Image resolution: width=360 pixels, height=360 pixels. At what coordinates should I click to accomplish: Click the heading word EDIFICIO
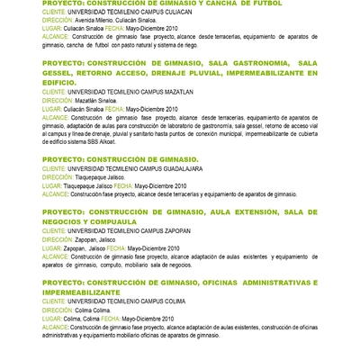61,82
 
